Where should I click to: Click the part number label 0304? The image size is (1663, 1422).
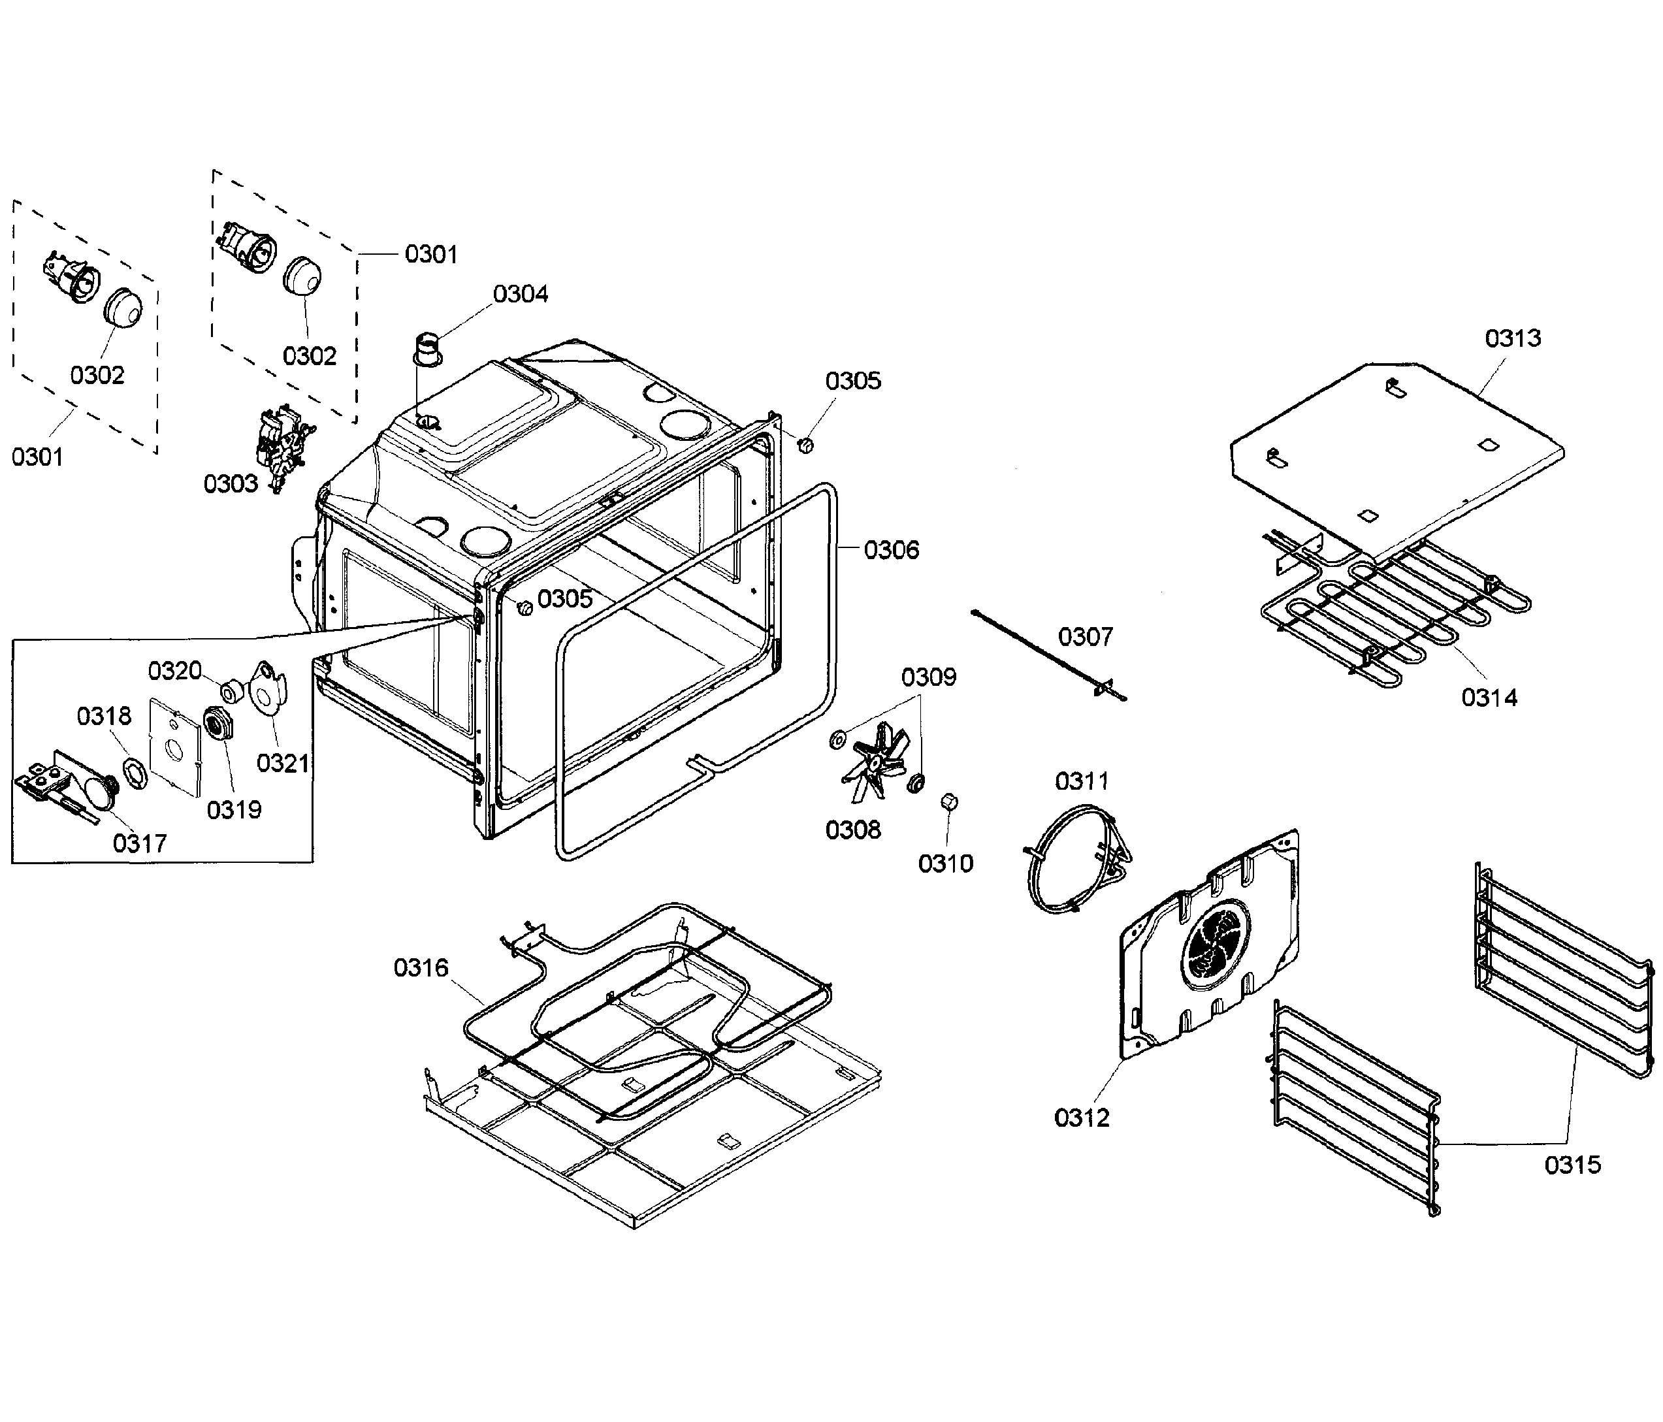(x=520, y=294)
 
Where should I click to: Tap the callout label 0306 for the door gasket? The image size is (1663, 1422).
(x=891, y=550)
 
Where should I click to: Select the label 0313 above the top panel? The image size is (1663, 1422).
(x=1512, y=338)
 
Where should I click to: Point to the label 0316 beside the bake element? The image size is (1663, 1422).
(x=421, y=968)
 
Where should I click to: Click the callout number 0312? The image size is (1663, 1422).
(x=1081, y=1117)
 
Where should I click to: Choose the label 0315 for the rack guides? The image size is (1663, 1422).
(x=1572, y=1165)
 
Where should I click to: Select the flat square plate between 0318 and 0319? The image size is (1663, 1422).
(x=174, y=747)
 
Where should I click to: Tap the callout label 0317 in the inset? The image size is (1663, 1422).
(x=140, y=843)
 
